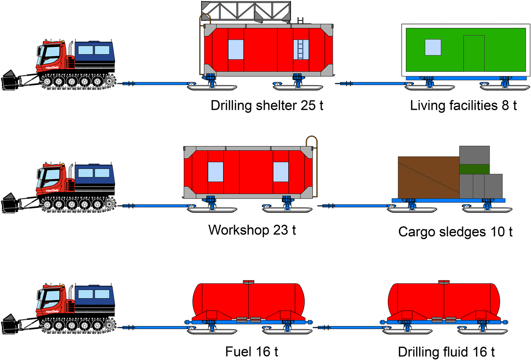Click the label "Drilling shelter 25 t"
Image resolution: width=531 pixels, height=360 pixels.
(x=267, y=105)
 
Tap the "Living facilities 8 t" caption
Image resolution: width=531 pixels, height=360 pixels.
(x=463, y=105)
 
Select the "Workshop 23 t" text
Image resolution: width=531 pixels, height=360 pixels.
(x=252, y=230)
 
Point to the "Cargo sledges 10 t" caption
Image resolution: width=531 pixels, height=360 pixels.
(x=455, y=232)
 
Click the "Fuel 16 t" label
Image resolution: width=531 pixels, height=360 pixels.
(x=251, y=352)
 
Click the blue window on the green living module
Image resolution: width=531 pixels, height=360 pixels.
(x=433, y=47)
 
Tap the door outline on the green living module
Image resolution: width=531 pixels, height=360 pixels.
(x=474, y=53)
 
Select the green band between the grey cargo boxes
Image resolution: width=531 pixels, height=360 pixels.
(x=474, y=169)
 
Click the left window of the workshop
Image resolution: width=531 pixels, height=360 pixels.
(x=215, y=172)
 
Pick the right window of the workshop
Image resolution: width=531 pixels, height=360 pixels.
(x=281, y=172)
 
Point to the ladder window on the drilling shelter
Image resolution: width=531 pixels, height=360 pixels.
(x=300, y=50)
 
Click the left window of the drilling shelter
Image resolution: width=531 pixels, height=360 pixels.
(x=236, y=50)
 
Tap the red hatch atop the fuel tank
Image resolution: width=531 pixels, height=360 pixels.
(x=248, y=282)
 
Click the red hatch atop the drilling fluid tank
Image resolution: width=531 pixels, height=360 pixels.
(x=444, y=282)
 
